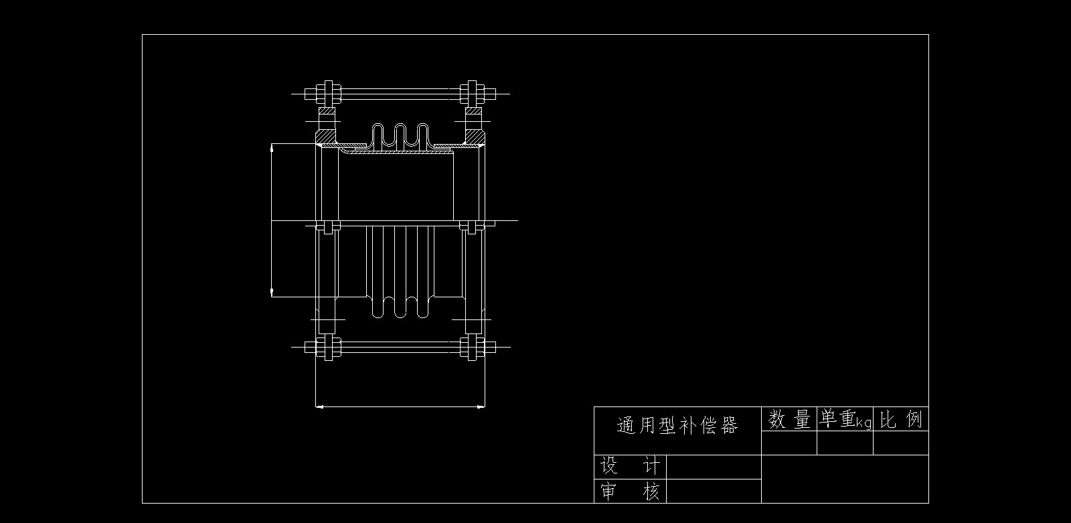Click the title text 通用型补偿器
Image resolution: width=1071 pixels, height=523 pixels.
click(x=677, y=425)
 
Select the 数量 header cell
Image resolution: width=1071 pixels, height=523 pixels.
click(x=789, y=420)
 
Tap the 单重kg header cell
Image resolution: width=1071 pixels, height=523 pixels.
click(x=845, y=420)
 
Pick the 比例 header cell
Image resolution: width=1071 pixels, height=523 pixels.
click(x=901, y=420)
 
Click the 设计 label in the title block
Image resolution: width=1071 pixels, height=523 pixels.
click(x=630, y=466)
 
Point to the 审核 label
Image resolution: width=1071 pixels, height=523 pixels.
click(x=630, y=492)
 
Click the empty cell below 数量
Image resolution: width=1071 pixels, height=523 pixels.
click(x=789, y=443)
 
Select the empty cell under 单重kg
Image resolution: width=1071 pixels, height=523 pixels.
click(x=845, y=443)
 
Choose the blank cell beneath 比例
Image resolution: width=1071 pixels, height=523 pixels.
click(x=901, y=443)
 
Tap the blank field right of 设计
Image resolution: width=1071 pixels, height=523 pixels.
click(x=714, y=467)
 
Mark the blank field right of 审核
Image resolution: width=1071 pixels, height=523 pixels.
click(x=714, y=491)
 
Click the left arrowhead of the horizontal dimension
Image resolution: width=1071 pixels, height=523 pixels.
click(x=319, y=406)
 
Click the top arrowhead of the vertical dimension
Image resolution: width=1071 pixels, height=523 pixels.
click(x=271, y=149)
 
